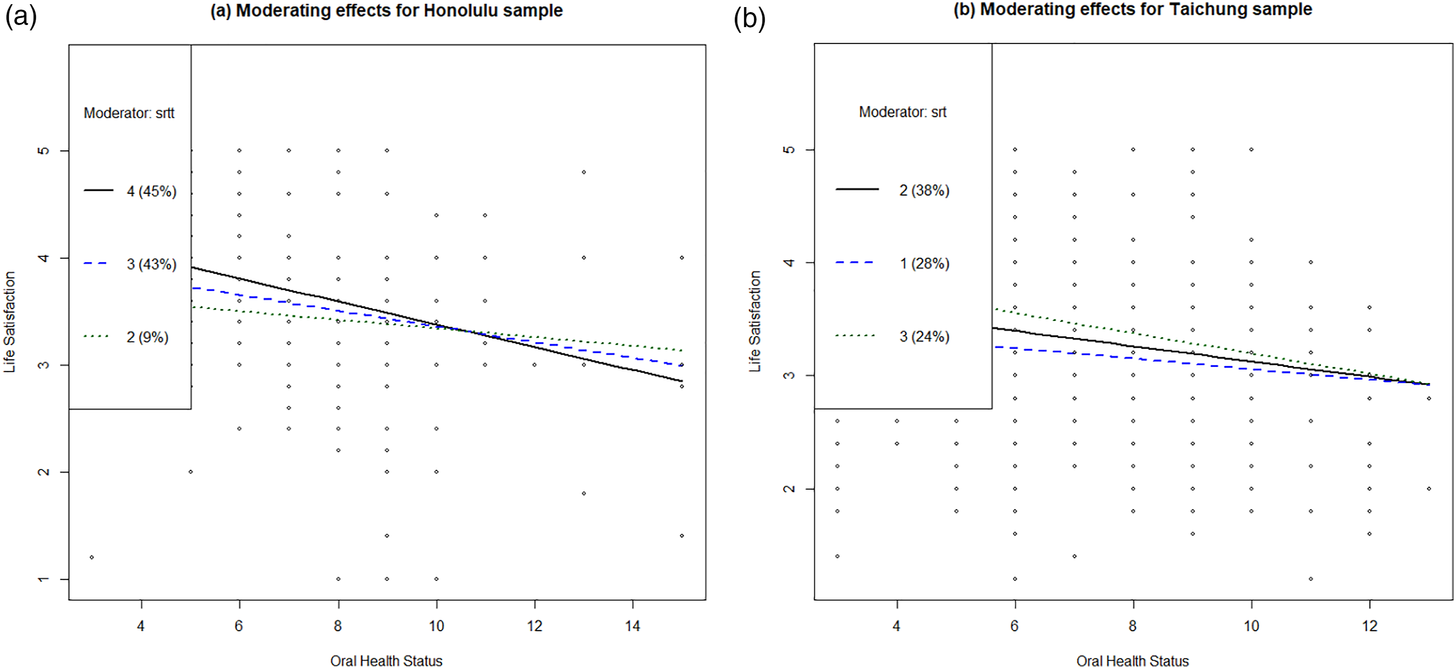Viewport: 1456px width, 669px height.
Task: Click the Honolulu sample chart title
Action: pyautogui.click(x=387, y=11)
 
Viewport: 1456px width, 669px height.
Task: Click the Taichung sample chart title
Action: pyautogui.click(x=1133, y=10)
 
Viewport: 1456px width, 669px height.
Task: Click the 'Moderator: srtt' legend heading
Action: pyautogui.click(x=129, y=113)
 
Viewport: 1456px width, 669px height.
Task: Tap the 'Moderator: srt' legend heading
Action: pyautogui.click(x=903, y=112)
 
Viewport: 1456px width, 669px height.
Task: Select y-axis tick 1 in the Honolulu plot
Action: pyautogui.click(x=43, y=579)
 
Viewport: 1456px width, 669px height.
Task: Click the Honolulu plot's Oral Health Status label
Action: pyautogui.click(x=387, y=661)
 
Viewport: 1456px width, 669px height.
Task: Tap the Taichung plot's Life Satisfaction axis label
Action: pyautogui.click(x=755, y=321)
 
